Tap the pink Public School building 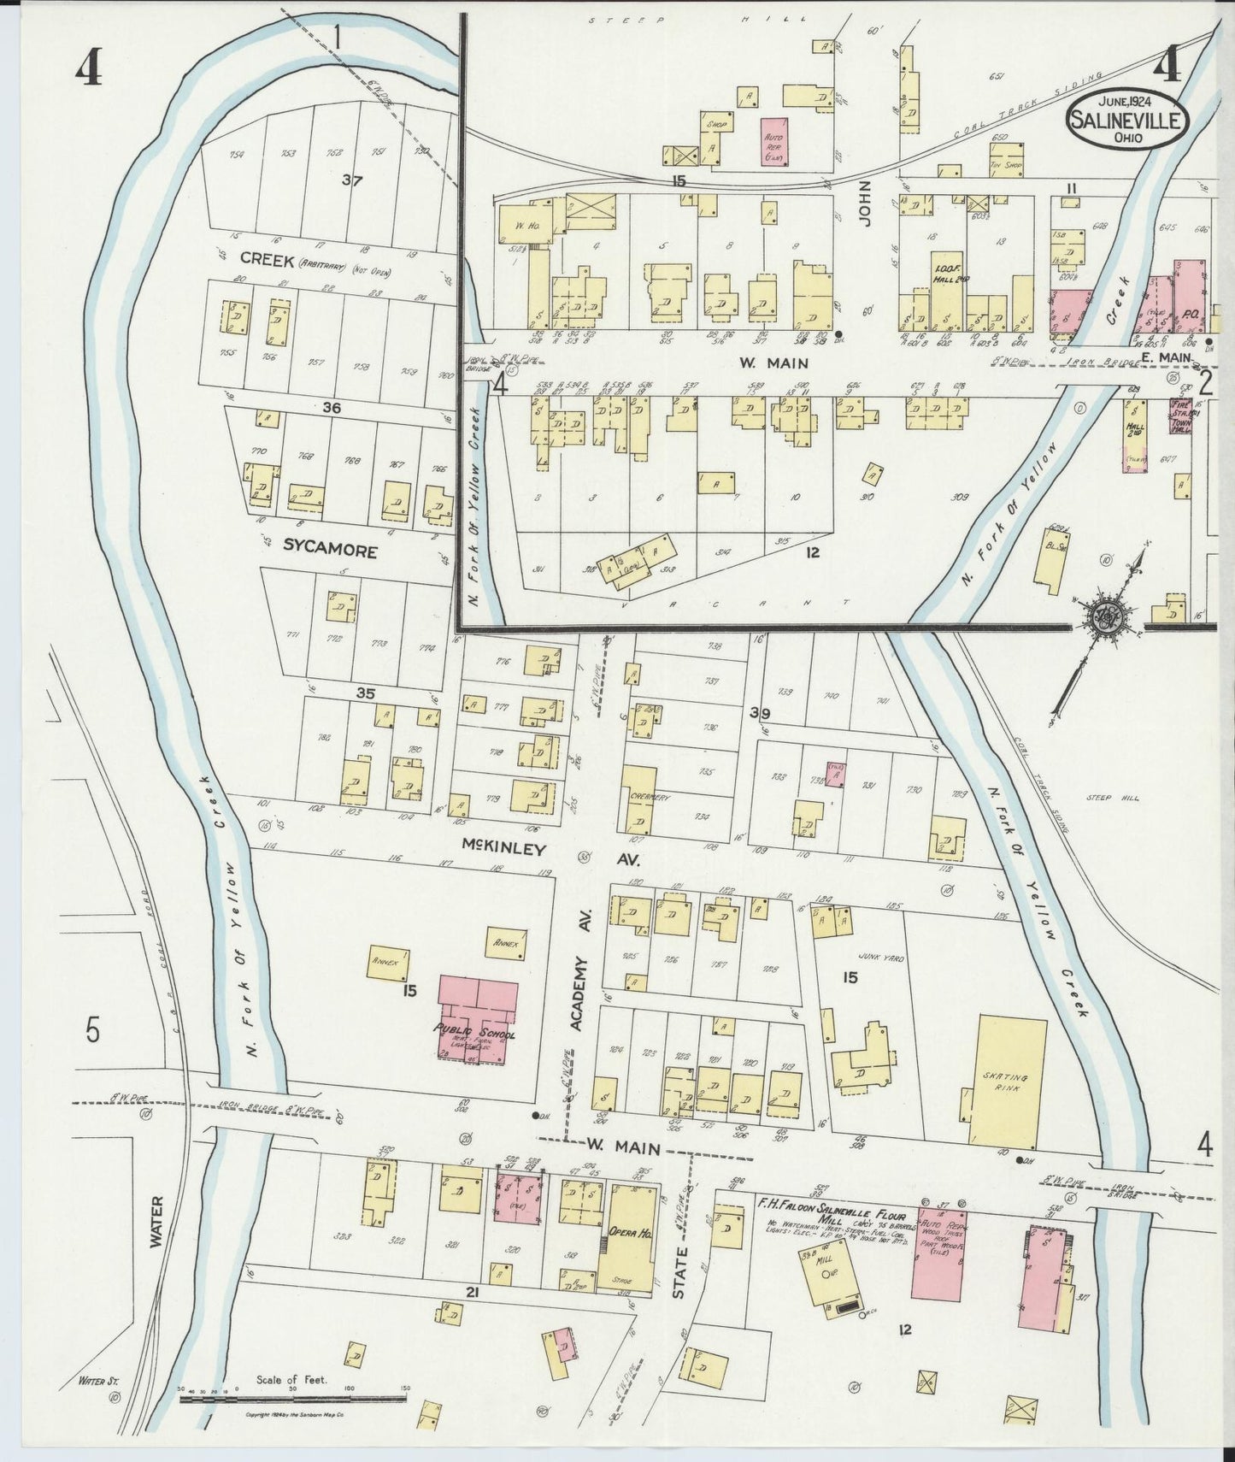pyautogui.click(x=477, y=1023)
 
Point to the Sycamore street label pyautogui.click(x=318, y=551)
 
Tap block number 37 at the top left pyautogui.click(x=351, y=180)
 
